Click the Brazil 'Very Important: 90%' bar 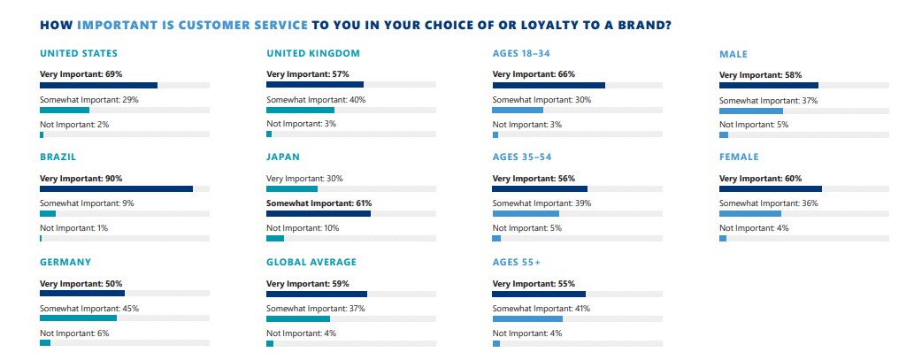[x=116, y=188]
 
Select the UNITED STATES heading [x=79, y=54]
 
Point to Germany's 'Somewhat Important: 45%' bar [x=78, y=318]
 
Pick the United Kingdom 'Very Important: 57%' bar [x=314, y=85]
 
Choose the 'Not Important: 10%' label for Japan [x=303, y=228]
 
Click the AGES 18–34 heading [x=526, y=54]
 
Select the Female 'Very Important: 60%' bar [x=770, y=188]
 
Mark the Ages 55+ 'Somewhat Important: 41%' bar [x=527, y=318]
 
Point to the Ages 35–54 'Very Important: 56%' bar [x=540, y=188]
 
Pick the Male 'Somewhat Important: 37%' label [x=768, y=101]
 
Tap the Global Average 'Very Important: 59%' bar [x=317, y=294]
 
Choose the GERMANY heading [x=65, y=262]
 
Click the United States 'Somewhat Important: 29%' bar [x=65, y=110]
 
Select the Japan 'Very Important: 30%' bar [x=292, y=188]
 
